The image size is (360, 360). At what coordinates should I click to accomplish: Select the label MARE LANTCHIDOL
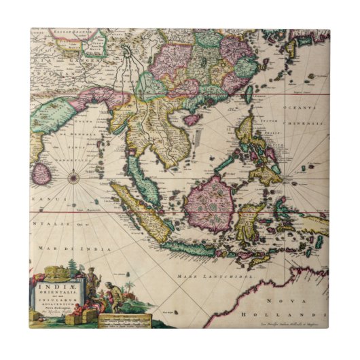206,276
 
